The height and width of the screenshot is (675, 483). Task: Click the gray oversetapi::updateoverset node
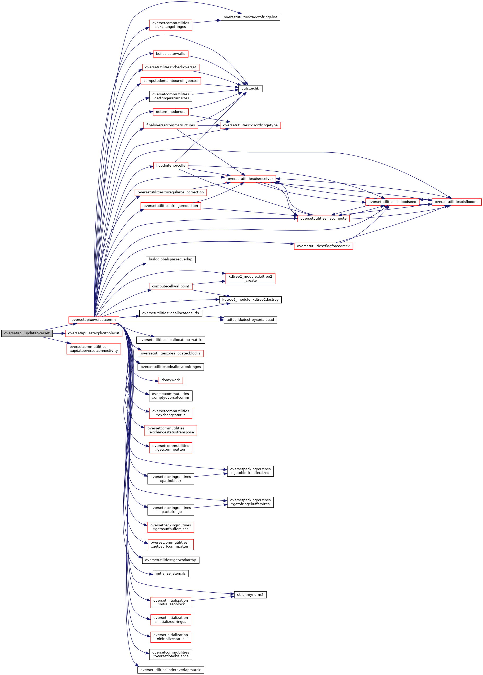[x=27, y=333]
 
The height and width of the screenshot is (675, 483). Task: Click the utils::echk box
[x=250, y=88]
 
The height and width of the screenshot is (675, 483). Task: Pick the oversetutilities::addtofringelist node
[x=250, y=17]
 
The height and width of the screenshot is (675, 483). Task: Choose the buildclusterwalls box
[x=170, y=54]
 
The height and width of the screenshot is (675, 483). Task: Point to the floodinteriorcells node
[x=170, y=165]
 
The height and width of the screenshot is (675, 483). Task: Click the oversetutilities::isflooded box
[x=456, y=202]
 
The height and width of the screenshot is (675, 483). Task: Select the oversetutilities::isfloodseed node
[x=392, y=202]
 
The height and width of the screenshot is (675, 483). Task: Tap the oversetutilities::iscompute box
[x=323, y=218]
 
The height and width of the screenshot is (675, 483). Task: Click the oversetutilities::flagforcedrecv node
[x=323, y=246]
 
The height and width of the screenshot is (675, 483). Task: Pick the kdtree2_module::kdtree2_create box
[x=250, y=278]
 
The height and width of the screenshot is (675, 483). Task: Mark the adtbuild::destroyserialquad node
[x=250, y=320]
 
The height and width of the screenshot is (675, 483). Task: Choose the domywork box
[x=170, y=380]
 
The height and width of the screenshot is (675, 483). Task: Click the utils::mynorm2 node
[x=250, y=595]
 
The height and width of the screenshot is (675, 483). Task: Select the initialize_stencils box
[x=170, y=573]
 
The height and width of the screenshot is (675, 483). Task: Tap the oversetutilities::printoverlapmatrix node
[x=170, y=670]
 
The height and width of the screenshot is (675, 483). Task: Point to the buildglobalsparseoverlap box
[x=170, y=259]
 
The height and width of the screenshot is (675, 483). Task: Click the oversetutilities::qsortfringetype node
[x=250, y=125]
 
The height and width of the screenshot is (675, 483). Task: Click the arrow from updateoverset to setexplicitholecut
[x=59, y=333]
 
